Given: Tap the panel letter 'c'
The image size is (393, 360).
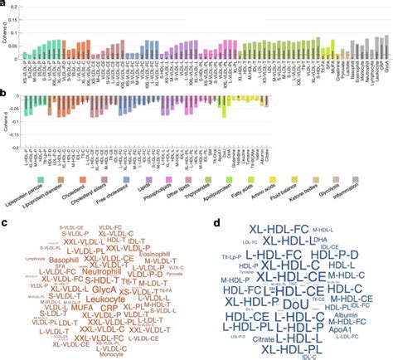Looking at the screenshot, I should pyautogui.click(x=5, y=221).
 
